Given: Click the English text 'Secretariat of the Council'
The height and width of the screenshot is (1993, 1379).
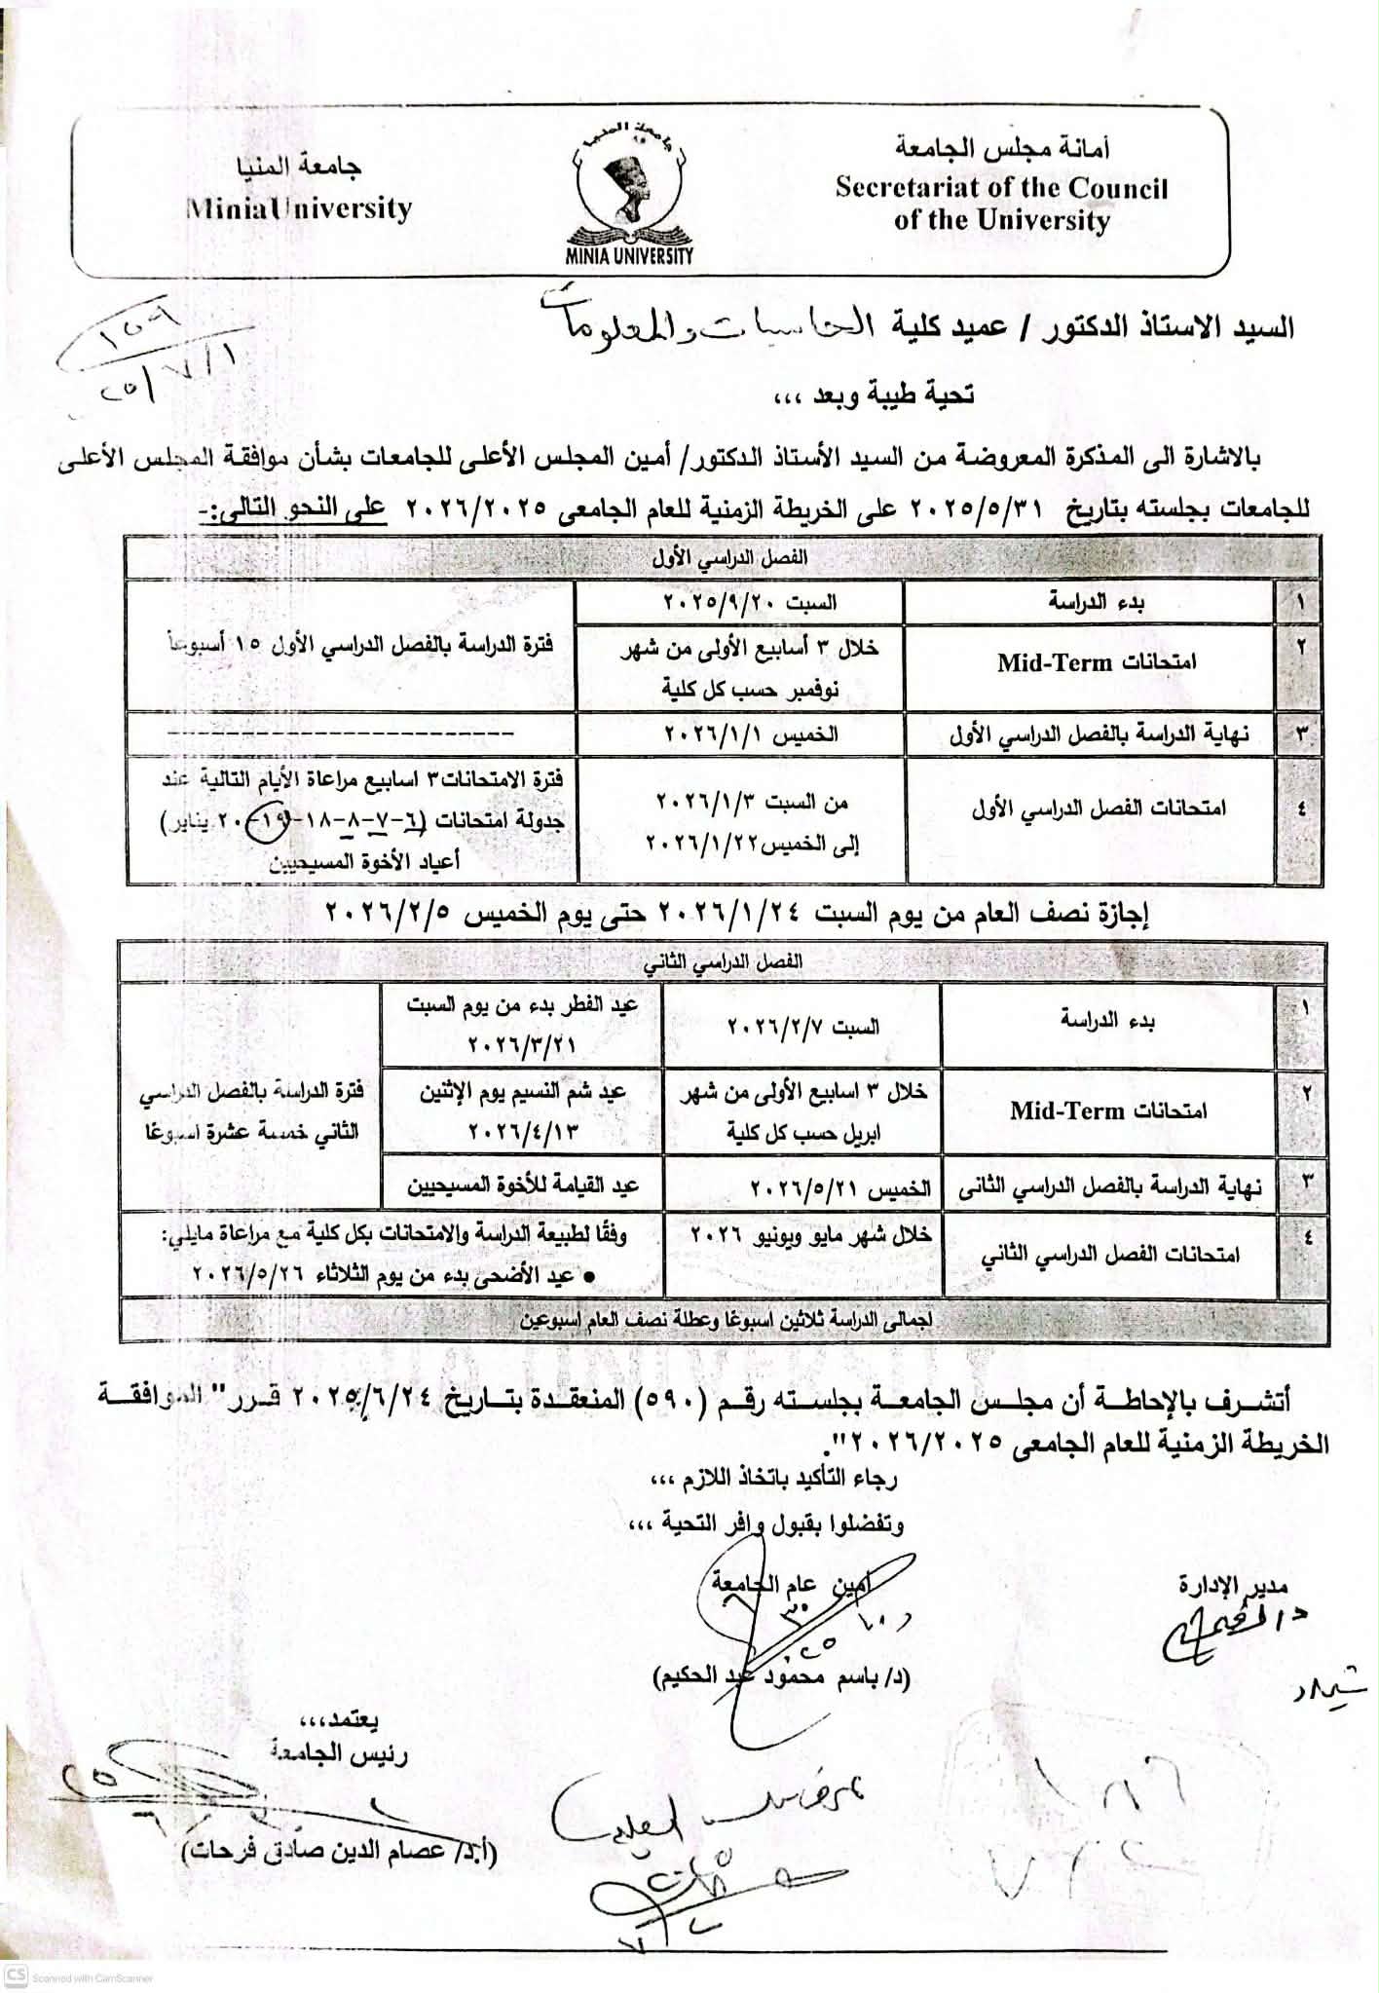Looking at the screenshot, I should click(x=1001, y=188).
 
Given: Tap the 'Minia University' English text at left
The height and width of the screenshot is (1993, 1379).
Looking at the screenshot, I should click(x=300, y=208).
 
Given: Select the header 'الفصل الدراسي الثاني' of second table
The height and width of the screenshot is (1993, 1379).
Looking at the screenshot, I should click(x=724, y=960).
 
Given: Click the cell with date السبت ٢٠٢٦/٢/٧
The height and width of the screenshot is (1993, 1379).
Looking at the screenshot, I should click(x=803, y=1026).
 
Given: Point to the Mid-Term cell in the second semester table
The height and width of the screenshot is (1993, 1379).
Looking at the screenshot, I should click(x=1107, y=1110).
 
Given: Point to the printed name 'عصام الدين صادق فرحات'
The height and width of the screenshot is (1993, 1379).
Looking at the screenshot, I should click(x=339, y=1852).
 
